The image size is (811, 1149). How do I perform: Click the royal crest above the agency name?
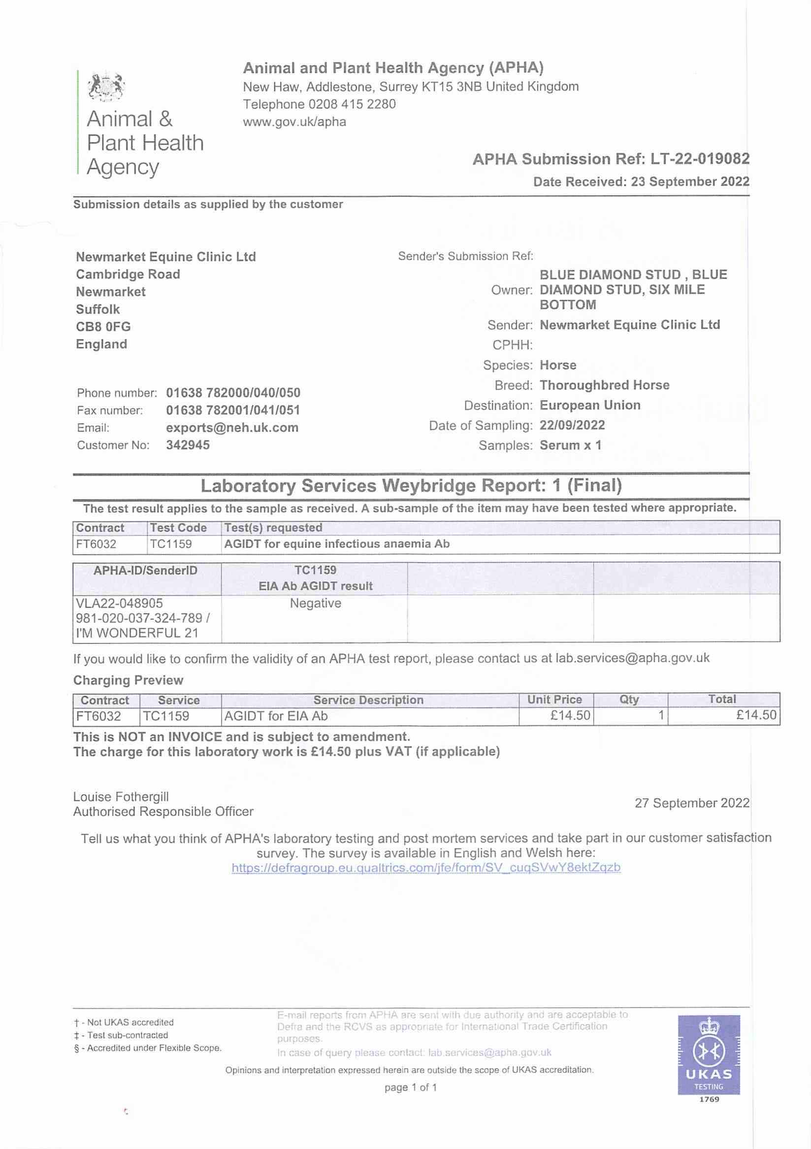coord(106,87)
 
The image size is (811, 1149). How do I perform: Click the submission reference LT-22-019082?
coord(700,159)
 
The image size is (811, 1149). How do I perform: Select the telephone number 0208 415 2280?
coord(352,104)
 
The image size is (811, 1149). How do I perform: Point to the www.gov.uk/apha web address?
coord(294,122)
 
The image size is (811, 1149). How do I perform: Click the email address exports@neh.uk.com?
coord(232,428)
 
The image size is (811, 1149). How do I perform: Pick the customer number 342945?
coord(188,445)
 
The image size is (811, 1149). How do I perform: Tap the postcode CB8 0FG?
coord(103,327)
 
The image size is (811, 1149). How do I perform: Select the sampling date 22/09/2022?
coord(572,425)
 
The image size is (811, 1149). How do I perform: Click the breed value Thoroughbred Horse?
coord(605,385)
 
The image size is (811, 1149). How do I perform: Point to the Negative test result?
coord(316,604)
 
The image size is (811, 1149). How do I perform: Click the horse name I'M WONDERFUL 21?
coord(137,633)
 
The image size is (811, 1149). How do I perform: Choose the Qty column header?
coord(629,700)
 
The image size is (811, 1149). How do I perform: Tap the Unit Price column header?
coord(554,700)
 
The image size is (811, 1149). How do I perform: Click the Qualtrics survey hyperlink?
coord(426,868)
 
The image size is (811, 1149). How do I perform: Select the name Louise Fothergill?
coord(121,797)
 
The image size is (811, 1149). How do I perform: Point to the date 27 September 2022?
coord(692,803)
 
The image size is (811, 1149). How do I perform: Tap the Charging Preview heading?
coord(129,680)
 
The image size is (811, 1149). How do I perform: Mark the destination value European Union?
coord(590,406)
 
